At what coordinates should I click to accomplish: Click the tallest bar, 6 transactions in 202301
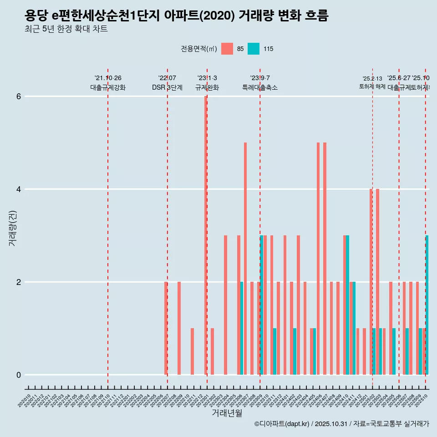coord(206,235)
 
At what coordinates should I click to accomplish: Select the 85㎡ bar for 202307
coord(245,259)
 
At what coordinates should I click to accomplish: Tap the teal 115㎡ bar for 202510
coord(427,305)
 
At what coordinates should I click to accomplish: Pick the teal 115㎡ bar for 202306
coord(242,328)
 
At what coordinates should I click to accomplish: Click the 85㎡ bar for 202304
coord(225,305)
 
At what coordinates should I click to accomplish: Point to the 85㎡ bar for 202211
coord(193,351)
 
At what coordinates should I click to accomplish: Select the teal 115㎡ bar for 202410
coord(348,305)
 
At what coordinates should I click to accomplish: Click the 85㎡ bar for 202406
coord(318,259)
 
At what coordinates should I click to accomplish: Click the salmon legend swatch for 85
coord(227,49)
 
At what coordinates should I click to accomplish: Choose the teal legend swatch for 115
coord(254,49)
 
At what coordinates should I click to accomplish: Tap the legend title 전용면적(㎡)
coord(199,49)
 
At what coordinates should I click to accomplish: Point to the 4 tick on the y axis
coord(19,189)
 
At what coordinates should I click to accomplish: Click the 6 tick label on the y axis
coord(19,97)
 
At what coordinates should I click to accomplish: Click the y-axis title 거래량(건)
coord(13,228)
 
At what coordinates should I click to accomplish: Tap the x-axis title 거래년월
coord(227,413)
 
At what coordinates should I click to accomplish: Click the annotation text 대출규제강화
coord(108,87)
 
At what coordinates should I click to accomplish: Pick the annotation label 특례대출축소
coord(260,87)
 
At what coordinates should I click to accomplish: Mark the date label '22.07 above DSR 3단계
coord(167,78)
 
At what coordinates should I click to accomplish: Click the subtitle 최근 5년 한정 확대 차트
coord(66,30)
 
